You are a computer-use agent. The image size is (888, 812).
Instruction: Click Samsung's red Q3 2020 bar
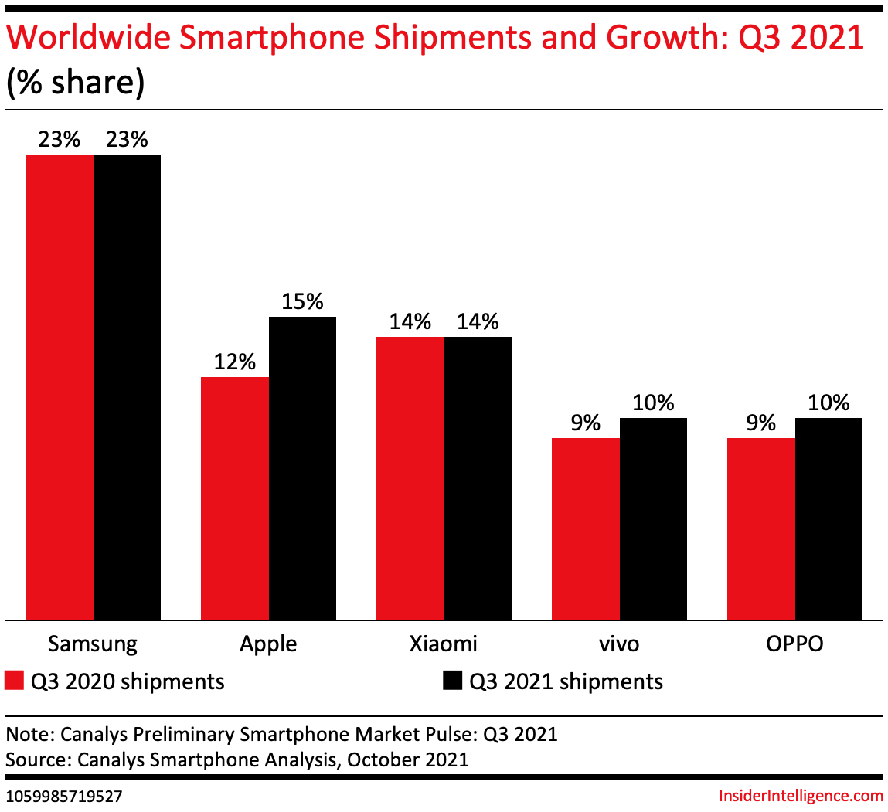[x=60, y=386]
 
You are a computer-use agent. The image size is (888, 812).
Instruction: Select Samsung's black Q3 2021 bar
[x=128, y=386]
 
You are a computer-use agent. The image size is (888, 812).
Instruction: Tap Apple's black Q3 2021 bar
[x=302, y=467]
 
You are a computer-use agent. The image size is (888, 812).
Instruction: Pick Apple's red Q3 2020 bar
[x=235, y=498]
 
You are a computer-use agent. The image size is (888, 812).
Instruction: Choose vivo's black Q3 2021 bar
[x=653, y=518]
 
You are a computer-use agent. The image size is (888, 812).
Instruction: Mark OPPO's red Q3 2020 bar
[x=761, y=528]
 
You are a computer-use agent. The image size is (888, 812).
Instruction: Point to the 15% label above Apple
[x=302, y=301]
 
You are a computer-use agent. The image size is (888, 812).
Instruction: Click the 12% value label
[x=235, y=362]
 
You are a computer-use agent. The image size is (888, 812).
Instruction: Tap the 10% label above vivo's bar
[x=653, y=403]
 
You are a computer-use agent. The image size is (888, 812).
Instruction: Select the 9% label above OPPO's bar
[x=761, y=423]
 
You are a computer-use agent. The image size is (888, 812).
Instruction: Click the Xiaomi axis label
[x=444, y=644]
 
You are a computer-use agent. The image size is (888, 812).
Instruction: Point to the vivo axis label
[x=619, y=644]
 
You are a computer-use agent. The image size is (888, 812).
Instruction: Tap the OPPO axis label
[x=794, y=644]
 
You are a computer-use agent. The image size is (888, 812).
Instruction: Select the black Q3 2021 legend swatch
[x=452, y=681]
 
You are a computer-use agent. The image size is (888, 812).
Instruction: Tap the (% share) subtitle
[x=75, y=83]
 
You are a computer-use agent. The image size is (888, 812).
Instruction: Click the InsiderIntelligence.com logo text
[x=801, y=796]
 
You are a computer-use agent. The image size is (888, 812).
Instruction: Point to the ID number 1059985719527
[x=63, y=796]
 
